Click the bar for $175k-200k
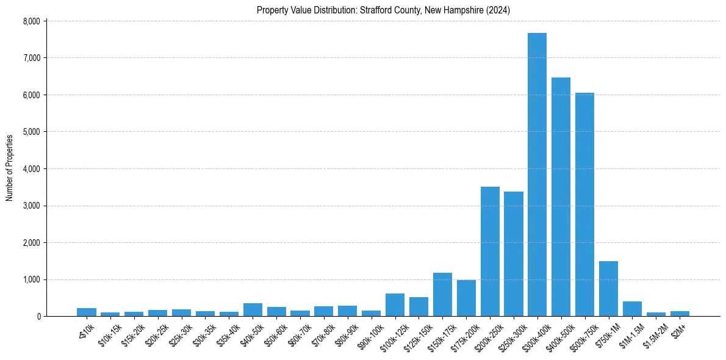466,298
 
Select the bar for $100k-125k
395,305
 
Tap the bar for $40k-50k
253,310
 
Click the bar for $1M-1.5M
632,309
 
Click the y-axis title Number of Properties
9,168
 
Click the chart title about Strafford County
383,10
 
